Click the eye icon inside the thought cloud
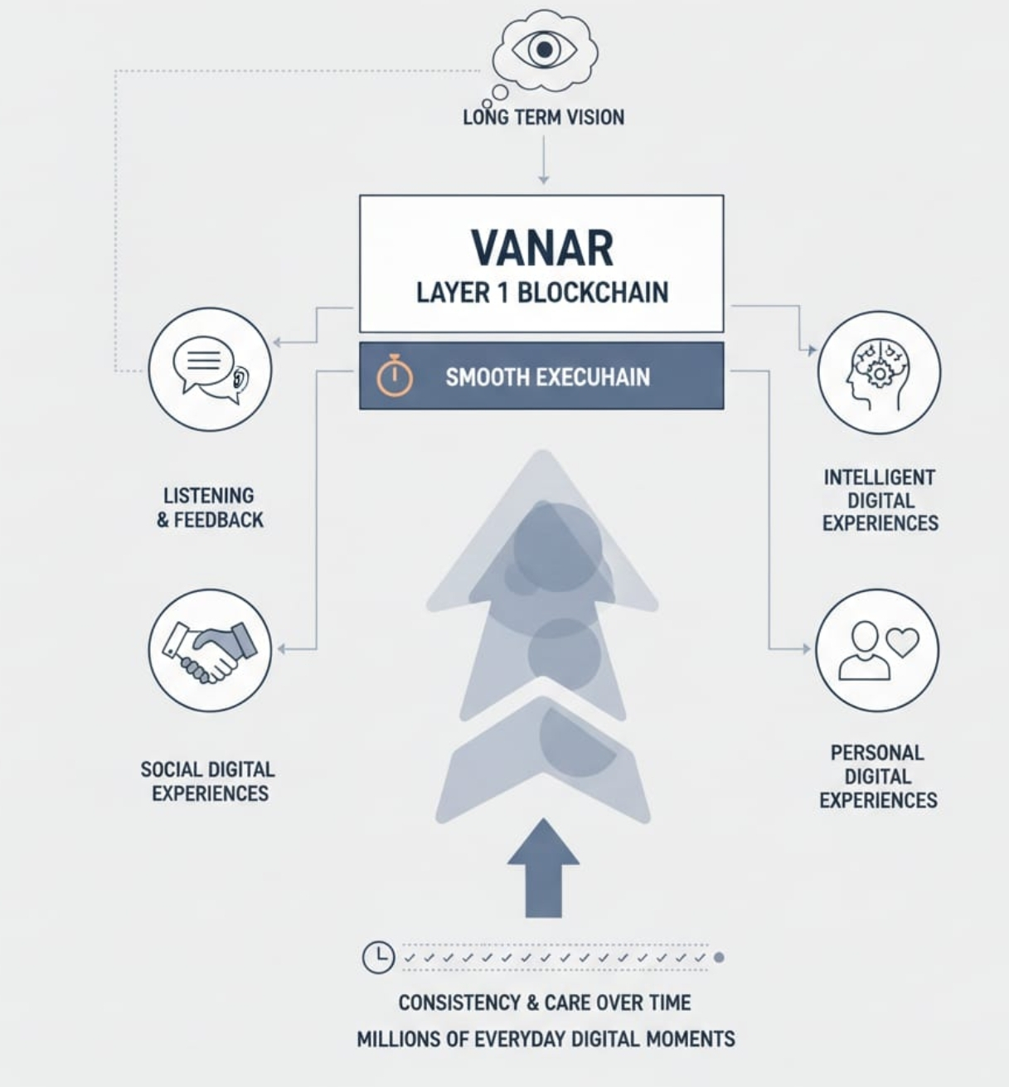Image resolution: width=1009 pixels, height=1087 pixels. click(544, 50)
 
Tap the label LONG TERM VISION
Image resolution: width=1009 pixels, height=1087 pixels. click(543, 117)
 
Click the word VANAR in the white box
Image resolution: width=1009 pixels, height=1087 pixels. click(542, 246)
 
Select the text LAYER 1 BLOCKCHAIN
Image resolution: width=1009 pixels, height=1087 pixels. click(542, 293)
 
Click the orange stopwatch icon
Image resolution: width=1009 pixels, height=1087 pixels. click(395, 376)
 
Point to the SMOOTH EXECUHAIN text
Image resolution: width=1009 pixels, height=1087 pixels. click(547, 377)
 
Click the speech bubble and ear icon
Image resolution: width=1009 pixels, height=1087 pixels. click(210, 369)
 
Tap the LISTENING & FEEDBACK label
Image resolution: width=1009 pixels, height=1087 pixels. click(211, 507)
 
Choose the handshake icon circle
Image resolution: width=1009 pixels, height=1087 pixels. click(210, 650)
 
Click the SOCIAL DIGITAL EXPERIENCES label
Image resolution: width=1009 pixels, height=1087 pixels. click(208, 781)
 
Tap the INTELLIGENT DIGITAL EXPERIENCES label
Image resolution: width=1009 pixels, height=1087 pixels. click(880, 500)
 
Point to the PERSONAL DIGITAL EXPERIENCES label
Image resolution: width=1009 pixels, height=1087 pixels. click(878, 776)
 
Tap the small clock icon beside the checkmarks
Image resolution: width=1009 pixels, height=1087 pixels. click(378, 957)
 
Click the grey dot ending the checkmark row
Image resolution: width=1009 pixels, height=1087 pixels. click(719, 957)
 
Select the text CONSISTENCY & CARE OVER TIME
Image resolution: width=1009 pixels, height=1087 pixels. click(544, 1002)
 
